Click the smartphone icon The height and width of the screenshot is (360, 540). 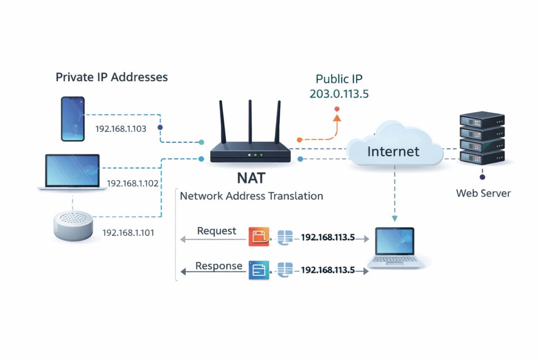(x=73, y=119)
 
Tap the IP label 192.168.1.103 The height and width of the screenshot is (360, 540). (x=120, y=128)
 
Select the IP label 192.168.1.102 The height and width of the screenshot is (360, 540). (x=132, y=183)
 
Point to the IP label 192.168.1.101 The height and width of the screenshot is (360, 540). (x=128, y=232)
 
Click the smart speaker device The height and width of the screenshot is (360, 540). (x=74, y=226)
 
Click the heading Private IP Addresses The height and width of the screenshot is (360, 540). (x=112, y=77)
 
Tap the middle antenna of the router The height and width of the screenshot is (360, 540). (x=250, y=122)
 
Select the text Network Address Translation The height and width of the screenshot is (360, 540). (x=251, y=196)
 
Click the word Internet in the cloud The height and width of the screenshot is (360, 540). (x=393, y=152)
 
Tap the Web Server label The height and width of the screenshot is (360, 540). (x=483, y=193)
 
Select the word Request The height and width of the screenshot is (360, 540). (x=217, y=231)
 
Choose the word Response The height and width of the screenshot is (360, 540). (x=219, y=266)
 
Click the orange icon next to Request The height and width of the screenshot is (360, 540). (x=258, y=237)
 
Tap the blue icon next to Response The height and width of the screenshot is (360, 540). (x=258, y=270)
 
